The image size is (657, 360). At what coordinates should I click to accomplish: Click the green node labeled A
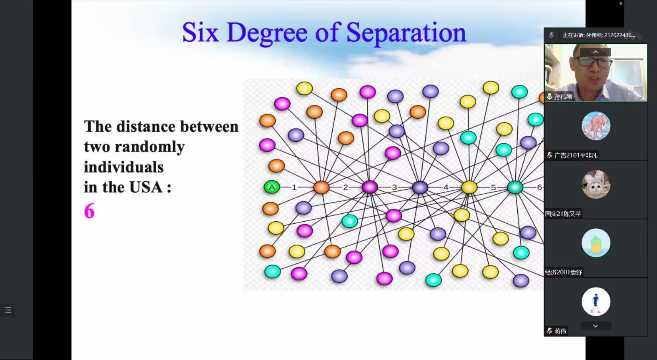(272, 187)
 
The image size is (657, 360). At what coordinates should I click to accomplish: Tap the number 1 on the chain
(294, 187)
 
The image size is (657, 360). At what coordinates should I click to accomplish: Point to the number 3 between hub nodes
(394, 187)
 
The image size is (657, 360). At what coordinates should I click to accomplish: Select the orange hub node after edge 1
(321, 187)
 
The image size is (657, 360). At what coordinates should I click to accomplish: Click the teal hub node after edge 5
(515, 187)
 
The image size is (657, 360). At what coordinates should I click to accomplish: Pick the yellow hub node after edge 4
(469, 187)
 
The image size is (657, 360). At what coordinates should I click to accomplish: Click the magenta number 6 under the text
(89, 210)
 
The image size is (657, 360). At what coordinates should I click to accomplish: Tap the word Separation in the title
(406, 33)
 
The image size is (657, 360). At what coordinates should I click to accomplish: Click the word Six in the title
(201, 32)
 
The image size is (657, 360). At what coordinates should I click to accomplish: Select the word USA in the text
(146, 187)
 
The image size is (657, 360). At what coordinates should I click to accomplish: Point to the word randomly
(150, 147)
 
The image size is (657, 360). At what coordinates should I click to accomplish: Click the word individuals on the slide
(123, 167)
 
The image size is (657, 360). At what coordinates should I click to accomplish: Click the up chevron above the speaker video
(595, 52)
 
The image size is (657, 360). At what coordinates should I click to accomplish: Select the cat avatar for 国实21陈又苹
(596, 185)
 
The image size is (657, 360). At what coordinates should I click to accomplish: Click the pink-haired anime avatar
(596, 126)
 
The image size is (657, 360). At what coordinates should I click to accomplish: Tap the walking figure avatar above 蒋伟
(596, 302)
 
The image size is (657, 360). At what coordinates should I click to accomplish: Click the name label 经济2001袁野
(564, 272)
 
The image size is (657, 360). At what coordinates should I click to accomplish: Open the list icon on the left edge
(8, 310)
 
